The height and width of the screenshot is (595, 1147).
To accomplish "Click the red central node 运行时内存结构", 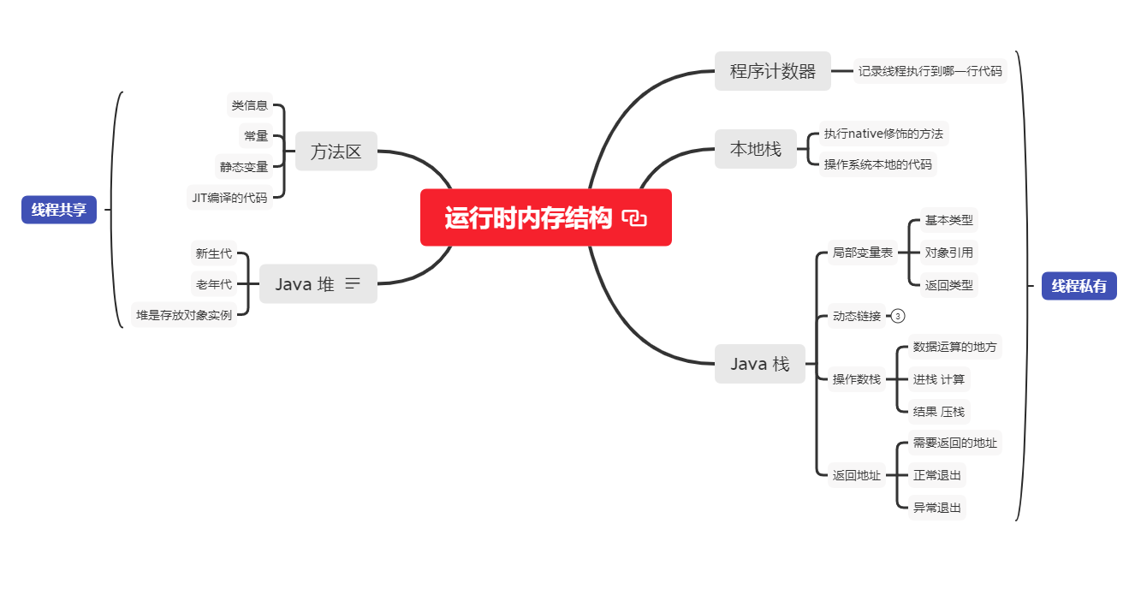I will [528, 218].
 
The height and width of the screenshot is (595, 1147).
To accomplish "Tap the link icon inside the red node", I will [634, 219].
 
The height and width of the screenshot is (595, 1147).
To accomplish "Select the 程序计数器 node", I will [772, 71].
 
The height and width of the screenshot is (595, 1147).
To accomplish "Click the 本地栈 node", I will [755, 149].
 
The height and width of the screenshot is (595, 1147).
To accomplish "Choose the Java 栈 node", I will [760, 364].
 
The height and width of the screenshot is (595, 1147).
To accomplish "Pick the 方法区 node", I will [336, 152].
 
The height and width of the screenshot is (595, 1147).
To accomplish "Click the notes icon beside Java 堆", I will [353, 284].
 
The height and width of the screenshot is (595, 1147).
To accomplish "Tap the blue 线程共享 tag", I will [59, 210].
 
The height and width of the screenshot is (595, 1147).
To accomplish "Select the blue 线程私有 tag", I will [1079, 286].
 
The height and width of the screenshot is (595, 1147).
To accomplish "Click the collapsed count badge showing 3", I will [898, 316].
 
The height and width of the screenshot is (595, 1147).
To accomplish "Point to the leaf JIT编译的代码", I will [229, 198].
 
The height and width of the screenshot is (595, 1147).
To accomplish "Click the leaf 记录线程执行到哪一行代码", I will [930, 71].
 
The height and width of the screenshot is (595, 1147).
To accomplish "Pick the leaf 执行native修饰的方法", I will [883, 134].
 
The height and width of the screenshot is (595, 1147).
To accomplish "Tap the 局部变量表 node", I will [863, 253].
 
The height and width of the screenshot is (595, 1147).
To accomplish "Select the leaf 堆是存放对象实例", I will [184, 315].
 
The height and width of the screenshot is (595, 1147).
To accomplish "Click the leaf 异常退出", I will [937, 508].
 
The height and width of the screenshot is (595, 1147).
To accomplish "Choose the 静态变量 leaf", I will [244, 167].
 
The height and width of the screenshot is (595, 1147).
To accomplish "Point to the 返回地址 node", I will [856, 475].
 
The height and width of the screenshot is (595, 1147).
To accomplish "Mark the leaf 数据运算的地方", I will [954, 347].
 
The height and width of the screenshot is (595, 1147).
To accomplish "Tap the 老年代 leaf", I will [213, 284].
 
